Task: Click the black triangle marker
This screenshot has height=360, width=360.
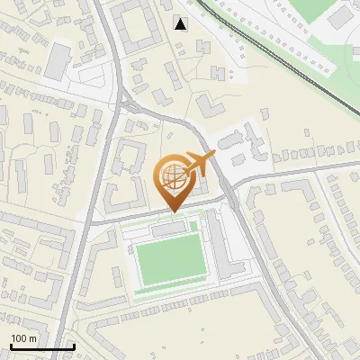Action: tap(181, 23)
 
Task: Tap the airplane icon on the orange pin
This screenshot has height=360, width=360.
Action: tap(197, 165)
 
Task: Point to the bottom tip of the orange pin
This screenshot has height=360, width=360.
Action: tap(173, 211)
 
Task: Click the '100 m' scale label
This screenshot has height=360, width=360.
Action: tap(23, 338)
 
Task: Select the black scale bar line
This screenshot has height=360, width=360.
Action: tap(41, 347)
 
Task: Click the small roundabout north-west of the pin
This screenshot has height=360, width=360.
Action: tap(125, 104)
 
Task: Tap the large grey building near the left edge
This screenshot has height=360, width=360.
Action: tap(57, 60)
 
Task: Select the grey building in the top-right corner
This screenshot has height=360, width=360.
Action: tap(341, 15)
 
